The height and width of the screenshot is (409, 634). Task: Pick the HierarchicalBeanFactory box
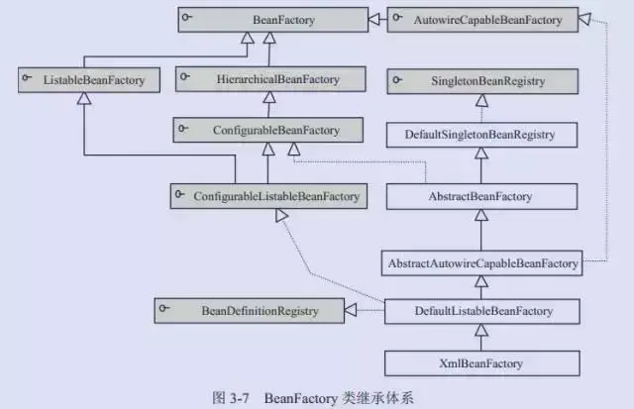(261, 77)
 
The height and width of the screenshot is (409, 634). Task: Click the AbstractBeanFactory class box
(481, 197)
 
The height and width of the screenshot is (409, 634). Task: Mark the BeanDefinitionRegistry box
(248, 312)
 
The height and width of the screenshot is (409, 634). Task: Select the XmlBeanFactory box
(481, 363)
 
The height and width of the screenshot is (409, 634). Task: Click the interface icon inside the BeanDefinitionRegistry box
(167, 312)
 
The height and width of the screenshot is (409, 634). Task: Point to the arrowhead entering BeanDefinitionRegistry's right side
(350, 312)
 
